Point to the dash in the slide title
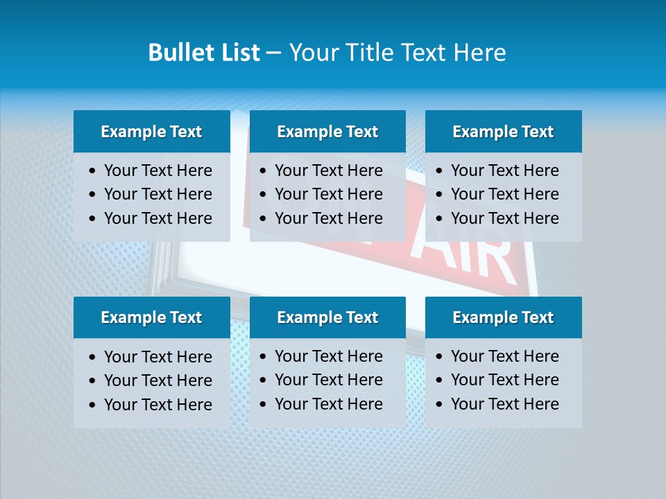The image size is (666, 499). [x=273, y=53]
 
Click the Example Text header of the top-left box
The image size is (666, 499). [x=151, y=132]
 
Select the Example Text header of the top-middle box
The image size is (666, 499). [x=327, y=132]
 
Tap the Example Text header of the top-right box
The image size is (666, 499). [x=503, y=132]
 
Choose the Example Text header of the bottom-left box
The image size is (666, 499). [x=151, y=317]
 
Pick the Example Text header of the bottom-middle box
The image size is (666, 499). [x=327, y=317]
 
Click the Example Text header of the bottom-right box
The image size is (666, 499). [x=503, y=317]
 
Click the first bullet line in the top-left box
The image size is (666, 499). [x=157, y=170]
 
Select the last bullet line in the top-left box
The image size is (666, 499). [x=157, y=218]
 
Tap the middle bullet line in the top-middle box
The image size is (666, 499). [x=328, y=194]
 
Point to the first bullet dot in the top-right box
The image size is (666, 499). [x=440, y=171]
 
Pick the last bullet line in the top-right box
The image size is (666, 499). [x=504, y=218]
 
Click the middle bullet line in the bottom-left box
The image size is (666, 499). [x=157, y=380]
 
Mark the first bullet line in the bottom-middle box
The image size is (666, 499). [x=328, y=356]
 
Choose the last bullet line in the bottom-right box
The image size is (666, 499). [x=504, y=404]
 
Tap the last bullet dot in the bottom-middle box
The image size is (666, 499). [x=264, y=405]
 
